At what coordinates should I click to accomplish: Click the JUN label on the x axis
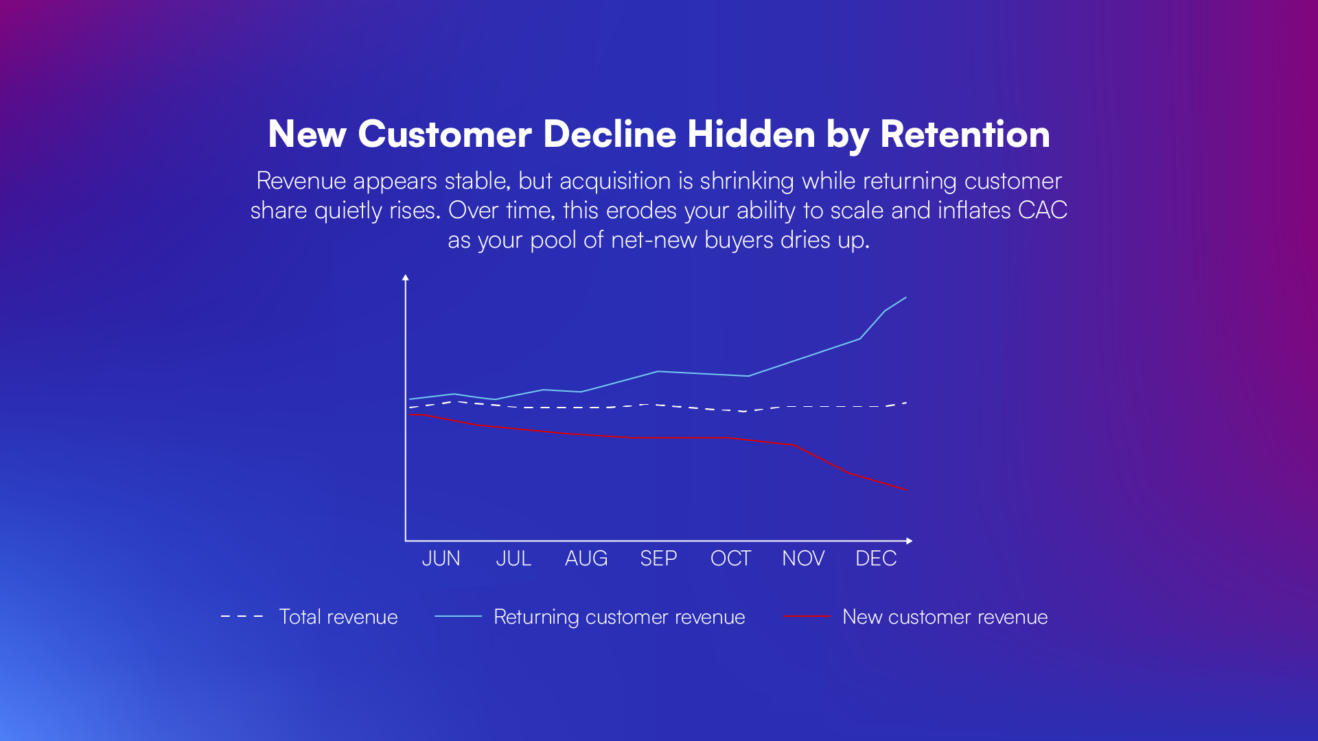(x=441, y=558)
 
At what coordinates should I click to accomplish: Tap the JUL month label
(x=513, y=558)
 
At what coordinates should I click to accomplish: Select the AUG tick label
(x=586, y=558)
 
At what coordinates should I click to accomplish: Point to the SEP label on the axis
(x=658, y=558)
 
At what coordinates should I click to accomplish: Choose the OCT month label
(x=730, y=558)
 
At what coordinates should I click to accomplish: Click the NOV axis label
(x=803, y=558)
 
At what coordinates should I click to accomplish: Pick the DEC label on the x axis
(x=876, y=558)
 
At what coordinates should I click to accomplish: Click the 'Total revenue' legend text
(x=338, y=617)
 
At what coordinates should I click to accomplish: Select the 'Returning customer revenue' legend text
(x=619, y=617)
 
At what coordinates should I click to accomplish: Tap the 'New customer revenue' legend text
(x=945, y=617)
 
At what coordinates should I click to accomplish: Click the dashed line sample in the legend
(x=242, y=617)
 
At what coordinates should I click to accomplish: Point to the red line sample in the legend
(x=807, y=617)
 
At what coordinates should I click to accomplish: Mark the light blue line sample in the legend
(x=458, y=617)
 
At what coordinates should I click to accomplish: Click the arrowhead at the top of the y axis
(x=406, y=278)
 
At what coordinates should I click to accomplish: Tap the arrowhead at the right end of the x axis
(x=909, y=541)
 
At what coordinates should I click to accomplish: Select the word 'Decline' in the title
(x=610, y=134)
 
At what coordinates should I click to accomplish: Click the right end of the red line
(x=906, y=489)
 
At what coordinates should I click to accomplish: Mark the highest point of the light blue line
(x=906, y=298)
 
